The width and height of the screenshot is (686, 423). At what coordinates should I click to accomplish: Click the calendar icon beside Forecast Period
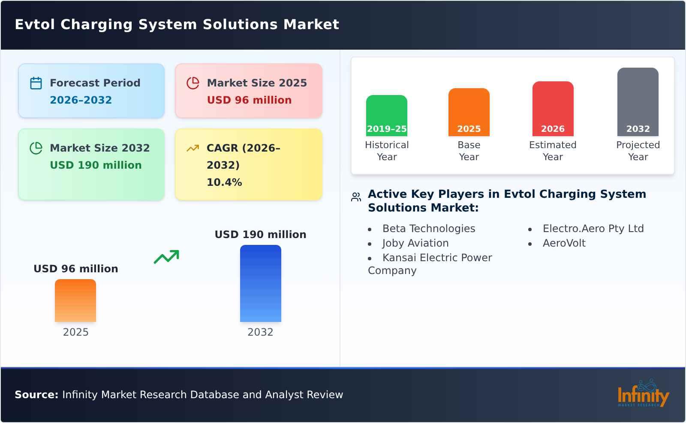click(36, 83)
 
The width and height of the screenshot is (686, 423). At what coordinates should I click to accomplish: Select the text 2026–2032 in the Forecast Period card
click(81, 100)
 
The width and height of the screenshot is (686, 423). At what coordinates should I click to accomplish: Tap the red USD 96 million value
click(249, 100)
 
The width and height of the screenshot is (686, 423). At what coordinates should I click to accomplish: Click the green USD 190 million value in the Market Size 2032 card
click(96, 165)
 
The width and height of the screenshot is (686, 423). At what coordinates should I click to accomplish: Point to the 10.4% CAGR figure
click(224, 182)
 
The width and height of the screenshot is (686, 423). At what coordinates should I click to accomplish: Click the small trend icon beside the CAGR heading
click(193, 148)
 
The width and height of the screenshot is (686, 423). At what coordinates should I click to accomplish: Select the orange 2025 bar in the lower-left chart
click(75, 301)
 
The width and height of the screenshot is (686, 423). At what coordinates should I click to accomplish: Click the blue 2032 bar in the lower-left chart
click(260, 283)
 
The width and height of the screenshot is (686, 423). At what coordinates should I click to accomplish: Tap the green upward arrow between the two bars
click(166, 257)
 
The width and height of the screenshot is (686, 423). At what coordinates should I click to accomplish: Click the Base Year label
click(469, 151)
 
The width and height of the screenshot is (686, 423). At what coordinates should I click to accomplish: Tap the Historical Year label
click(387, 151)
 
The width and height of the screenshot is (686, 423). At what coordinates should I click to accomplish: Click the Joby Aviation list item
click(415, 243)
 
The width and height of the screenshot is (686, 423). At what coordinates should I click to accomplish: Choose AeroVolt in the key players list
click(564, 243)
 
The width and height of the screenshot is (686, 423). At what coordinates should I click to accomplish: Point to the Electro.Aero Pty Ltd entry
click(593, 229)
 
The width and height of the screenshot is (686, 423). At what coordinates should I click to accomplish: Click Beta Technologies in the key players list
click(428, 229)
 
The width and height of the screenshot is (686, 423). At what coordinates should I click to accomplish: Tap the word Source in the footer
click(36, 395)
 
